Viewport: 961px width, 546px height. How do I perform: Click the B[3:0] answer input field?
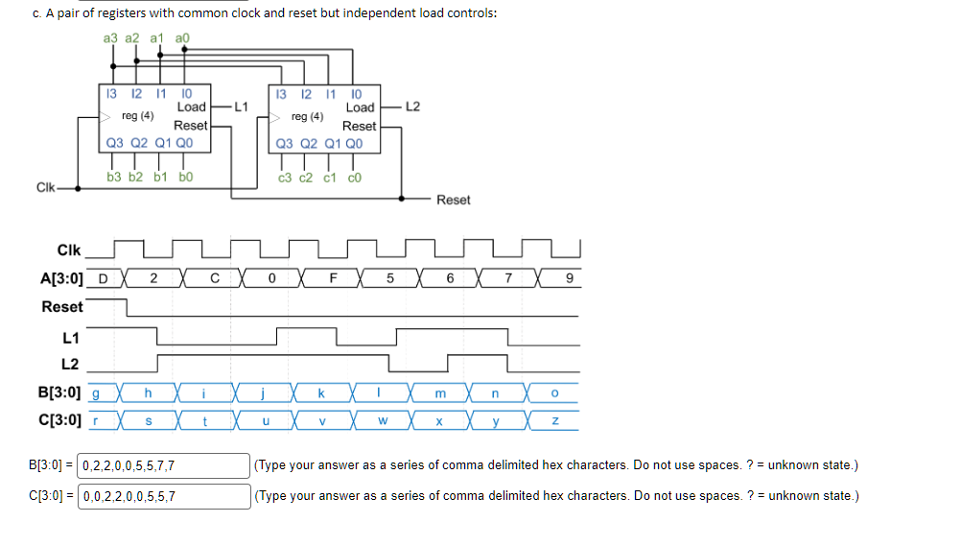(163, 465)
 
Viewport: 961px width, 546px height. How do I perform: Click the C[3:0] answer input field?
(163, 496)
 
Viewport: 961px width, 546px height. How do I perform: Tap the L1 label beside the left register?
(241, 107)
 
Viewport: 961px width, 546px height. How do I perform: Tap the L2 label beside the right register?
(412, 107)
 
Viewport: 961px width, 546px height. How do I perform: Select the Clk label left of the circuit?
(45, 186)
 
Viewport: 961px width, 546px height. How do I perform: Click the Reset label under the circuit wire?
(453, 200)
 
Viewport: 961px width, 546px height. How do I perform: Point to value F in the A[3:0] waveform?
(333, 279)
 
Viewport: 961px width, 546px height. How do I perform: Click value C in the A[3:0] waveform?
(215, 279)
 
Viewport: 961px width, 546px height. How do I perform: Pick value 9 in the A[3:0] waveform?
(569, 279)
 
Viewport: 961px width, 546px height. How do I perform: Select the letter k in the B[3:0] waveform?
(321, 393)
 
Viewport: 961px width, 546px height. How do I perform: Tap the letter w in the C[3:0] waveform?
(382, 419)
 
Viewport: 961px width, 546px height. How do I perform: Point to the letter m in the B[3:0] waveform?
(440, 393)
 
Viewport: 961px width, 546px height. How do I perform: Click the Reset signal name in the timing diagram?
(62, 307)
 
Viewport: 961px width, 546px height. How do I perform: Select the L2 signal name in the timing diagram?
(70, 364)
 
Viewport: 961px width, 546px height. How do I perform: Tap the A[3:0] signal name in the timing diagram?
(61, 279)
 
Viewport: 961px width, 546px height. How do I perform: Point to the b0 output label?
(186, 178)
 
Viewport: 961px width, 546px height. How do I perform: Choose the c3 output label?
(285, 178)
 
